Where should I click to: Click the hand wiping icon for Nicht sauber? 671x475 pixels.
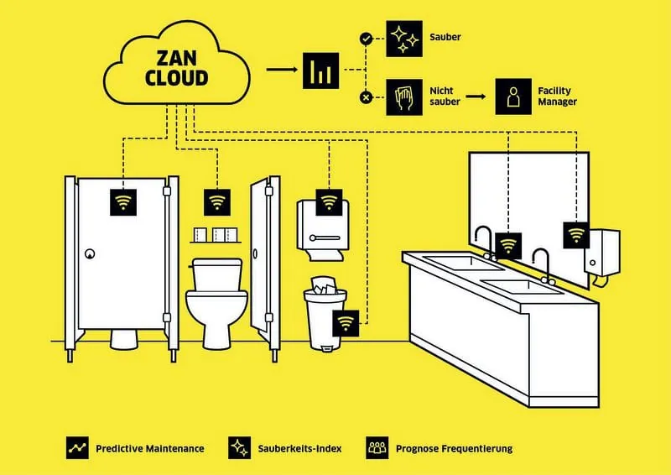point(403,97)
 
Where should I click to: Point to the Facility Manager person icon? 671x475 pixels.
point(512,97)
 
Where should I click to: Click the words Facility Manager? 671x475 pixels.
point(558,97)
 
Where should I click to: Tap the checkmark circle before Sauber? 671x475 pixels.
point(365,39)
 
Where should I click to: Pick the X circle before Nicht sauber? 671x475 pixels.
point(365,97)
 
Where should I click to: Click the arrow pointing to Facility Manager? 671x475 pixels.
point(476,97)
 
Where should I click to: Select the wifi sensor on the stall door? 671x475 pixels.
point(123,202)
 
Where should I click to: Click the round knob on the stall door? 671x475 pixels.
point(90,253)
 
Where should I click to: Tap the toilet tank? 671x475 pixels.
point(217,274)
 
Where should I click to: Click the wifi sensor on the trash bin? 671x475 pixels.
point(345,323)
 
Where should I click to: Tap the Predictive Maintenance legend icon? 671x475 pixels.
point(78,448)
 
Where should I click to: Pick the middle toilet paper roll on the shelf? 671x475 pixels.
point(219,234)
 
